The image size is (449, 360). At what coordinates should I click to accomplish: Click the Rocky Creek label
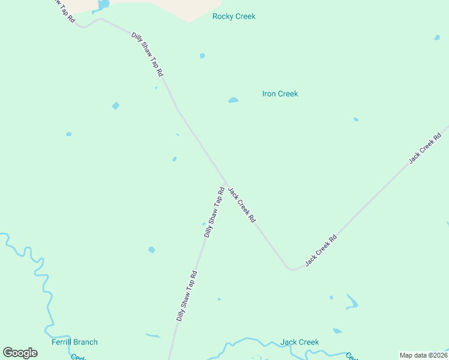[234, 16]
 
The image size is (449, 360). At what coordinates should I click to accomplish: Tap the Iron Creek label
[280, 94]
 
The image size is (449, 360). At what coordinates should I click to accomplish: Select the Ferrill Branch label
[74, 342]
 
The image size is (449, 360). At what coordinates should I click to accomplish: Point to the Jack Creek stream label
[300, 342]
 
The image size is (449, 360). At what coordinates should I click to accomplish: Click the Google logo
[20, 353]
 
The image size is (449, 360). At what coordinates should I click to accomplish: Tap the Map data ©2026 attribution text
[423, 355]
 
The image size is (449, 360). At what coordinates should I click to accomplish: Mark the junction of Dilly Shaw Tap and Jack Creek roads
[226, 182]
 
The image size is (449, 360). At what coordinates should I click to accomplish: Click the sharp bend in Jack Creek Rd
[292, 269]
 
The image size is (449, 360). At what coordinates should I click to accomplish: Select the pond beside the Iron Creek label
[234, 100]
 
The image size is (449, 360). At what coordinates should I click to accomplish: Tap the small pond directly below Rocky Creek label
[202, 56]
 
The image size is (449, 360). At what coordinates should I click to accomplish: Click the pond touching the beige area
[103, 5]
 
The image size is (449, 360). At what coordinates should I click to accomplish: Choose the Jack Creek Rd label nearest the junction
[242, 205]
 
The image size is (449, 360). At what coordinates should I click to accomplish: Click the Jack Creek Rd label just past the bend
[321, 251]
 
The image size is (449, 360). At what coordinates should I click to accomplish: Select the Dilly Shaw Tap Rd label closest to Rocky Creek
[148, 54]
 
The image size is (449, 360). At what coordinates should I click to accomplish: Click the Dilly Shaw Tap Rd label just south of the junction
[214, 212]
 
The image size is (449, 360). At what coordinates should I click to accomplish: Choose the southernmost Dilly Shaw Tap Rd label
[187, 296]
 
